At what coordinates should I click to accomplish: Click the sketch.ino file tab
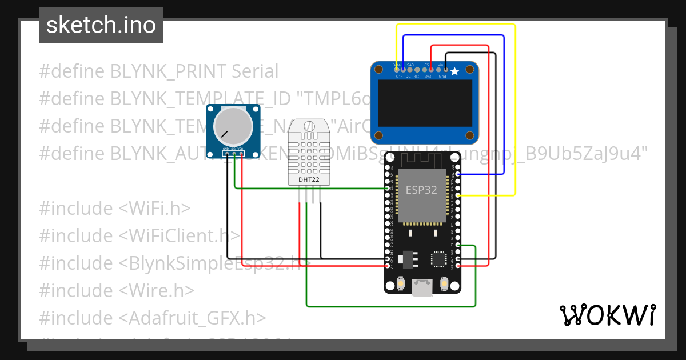[101, 25]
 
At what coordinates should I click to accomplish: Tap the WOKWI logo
[607, 315]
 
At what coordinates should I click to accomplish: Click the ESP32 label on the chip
[421, 190]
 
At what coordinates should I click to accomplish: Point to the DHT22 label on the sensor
[309, 179]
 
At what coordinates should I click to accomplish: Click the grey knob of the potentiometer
[233, 126]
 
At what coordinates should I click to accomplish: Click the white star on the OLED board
[454, 71]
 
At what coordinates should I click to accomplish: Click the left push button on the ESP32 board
[400, 283]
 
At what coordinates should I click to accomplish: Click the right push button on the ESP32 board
[444, 283]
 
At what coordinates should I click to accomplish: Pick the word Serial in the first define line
[255, 71]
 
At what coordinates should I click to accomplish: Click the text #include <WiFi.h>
[114, 208]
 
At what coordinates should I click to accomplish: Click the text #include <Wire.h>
[117, 290]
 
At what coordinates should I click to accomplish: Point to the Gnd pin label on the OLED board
[442, 76]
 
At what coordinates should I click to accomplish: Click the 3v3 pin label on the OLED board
[427, 76]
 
